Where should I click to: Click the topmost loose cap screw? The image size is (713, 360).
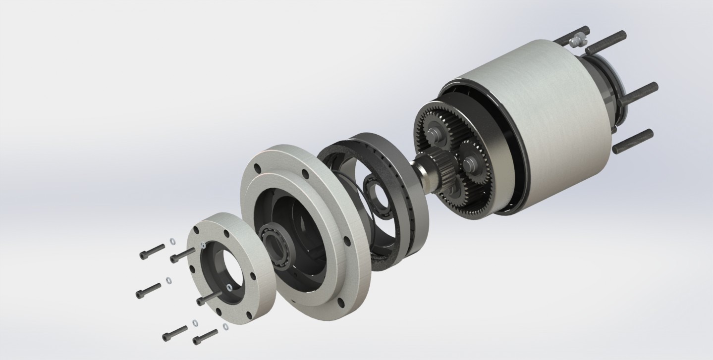point(152,251)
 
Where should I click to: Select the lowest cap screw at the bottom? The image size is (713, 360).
point(204,337)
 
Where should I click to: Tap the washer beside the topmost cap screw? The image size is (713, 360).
point(172,241)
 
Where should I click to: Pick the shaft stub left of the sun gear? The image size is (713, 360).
point(424,167)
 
